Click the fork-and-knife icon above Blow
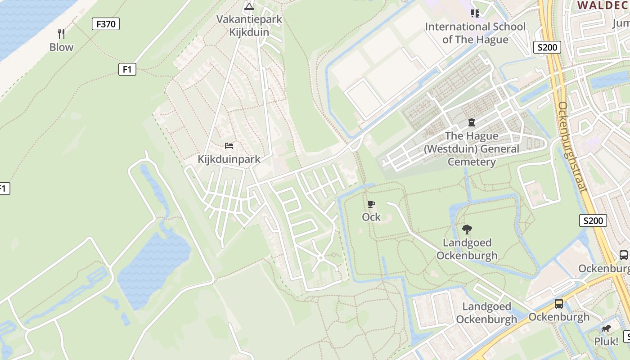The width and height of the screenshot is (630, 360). click(x=61, y=33)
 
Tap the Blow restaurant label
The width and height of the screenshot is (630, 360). click(x=61, y=47)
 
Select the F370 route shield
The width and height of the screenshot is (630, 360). click(x=106, y=24)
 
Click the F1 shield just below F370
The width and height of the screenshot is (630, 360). click(x=127, y=69)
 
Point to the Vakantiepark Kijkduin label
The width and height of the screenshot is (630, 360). click(x=249, y=26)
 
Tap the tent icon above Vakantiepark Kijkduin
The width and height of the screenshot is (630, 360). click(x=249, y=6)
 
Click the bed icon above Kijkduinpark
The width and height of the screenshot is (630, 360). click(x=229, y=146)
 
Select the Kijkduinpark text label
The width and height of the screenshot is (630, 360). click(x=229, y=159)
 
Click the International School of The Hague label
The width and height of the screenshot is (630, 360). click(x=475, y=33)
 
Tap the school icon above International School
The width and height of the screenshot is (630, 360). click(x=475, y=13)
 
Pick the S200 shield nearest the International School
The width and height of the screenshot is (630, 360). click(x=547, y=47)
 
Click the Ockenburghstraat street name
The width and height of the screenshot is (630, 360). click(x=572, y=147)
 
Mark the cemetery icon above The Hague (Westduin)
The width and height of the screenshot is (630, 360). click(x=471, y=122)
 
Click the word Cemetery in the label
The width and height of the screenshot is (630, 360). click(x=471, y=162)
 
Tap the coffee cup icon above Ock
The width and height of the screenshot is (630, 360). click(x=371, y=204)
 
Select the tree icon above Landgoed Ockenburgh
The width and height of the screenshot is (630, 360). click(x=467, y=229)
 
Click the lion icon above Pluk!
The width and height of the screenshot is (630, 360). click(x=606, y=328)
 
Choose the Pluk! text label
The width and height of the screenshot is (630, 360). click(x=606, y=342)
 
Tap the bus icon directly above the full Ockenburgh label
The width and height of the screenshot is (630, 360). click(x=558, y=304)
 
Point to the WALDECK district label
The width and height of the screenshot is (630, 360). click(x=603, y=5)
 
